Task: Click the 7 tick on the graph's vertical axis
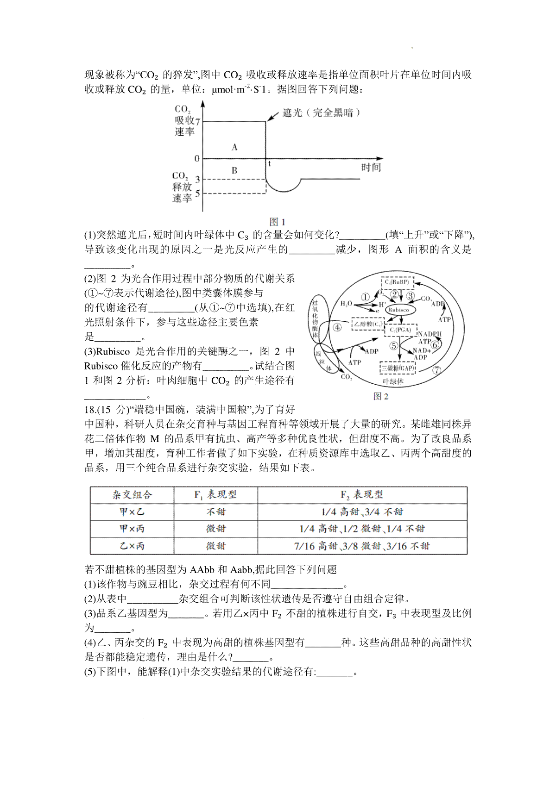(x=198, y=122)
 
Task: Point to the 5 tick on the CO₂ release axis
(x=198, y=193)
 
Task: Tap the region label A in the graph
(x=234, y=147)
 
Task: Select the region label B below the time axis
(x=234, y=170)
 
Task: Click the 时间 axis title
(x=371, y=168)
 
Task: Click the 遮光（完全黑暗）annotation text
(x=322, y=112)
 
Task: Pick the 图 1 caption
(x=277, y=222)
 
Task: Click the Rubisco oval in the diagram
(x=399, y=310)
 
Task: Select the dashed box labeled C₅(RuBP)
(x=397, y=282)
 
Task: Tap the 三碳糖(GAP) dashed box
(x=398, y=368)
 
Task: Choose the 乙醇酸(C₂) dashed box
(x=368, y=324)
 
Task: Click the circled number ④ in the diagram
(x=337, y=327)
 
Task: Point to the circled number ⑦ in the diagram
(x=436, y=370)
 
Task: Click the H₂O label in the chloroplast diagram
(x=346, y=304)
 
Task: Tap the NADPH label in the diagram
(x=430, y=334)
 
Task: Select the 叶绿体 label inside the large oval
(x=393, y=381)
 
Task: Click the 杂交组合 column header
(x=132, y=495)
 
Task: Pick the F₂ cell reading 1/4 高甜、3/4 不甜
(x=362, y=512)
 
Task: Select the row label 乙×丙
(x=132, y=546)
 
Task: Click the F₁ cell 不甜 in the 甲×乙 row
(x=215, y=512)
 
